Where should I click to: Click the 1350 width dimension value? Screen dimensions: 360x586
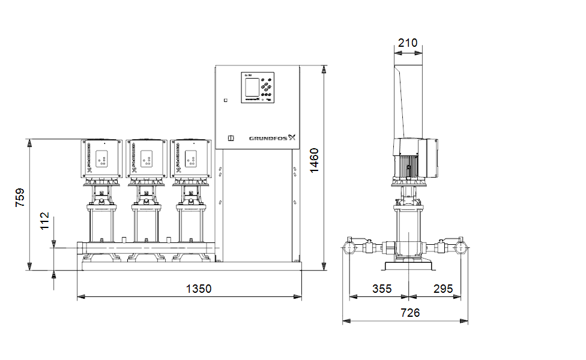coord(198,289)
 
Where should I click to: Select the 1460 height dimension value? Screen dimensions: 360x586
coord(315,160)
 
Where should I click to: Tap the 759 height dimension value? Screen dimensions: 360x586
coord(20,198)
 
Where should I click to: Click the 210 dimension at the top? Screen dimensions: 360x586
coord(408,43)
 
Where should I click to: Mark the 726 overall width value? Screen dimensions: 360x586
coord(410,313)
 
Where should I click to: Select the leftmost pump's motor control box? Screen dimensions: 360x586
coord(102,159)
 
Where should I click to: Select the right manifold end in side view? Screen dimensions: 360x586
coord(461,247)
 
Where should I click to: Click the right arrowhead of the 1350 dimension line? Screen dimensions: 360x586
coord(298,296)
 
